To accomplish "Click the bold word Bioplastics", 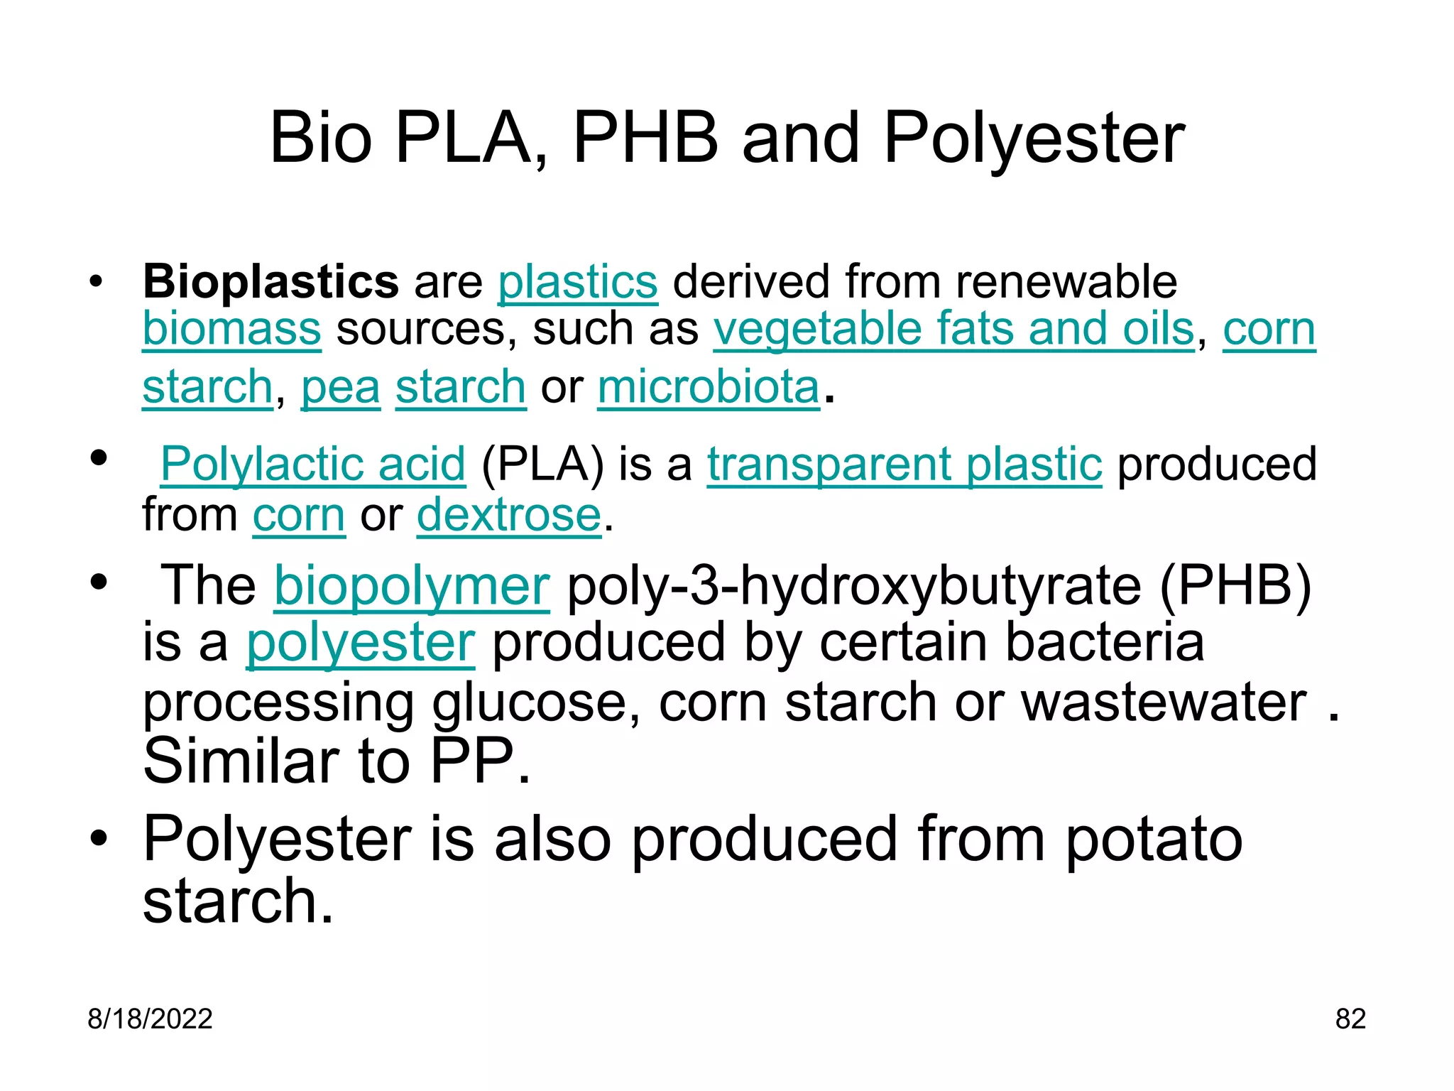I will pos(270,282).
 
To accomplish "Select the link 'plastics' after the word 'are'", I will pos(577,282).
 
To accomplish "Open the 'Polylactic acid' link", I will pos(313,464).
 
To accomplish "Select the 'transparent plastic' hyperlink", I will pos(904,464).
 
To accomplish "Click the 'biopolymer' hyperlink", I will pos(412,586).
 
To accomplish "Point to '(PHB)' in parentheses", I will pos(1235,586).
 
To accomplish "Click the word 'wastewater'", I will pos(1164,702).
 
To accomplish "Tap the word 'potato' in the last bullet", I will pos(1154,840).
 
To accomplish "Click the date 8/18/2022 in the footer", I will pos(150,1019).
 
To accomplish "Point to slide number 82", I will pos(1350,1019).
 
